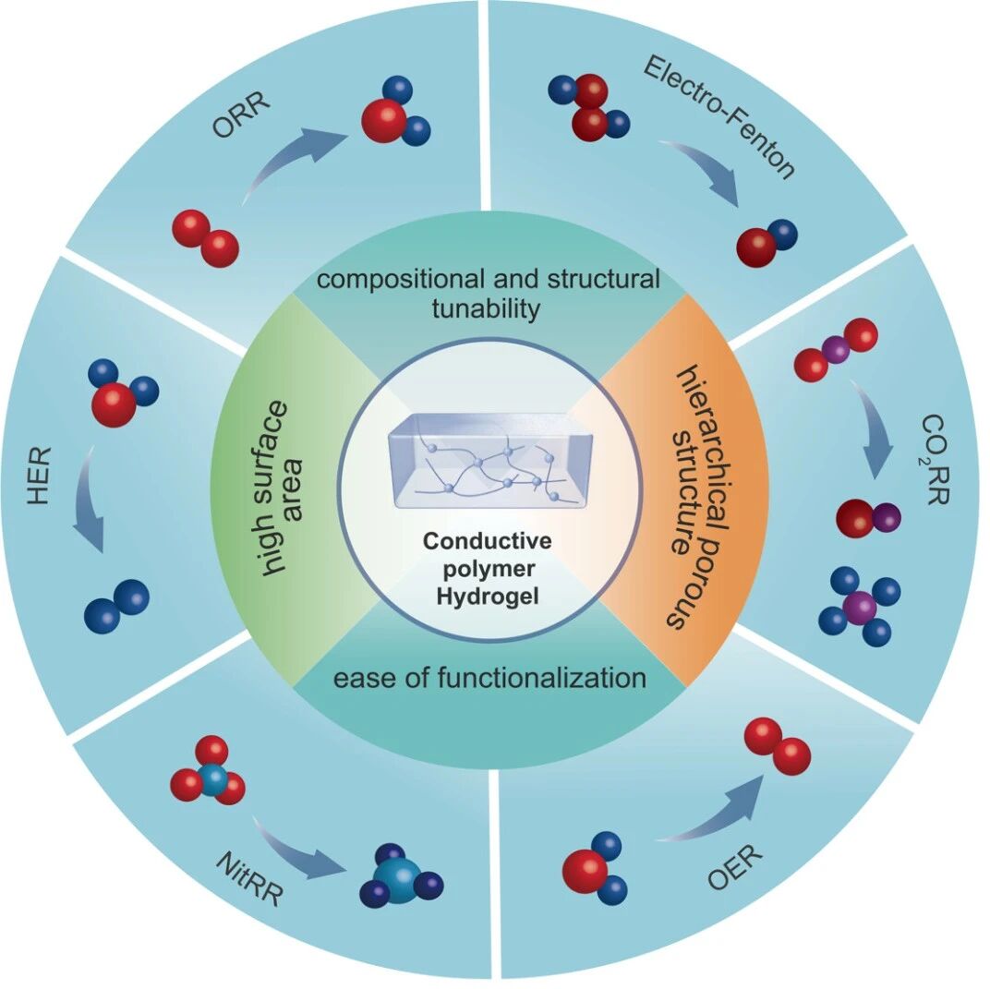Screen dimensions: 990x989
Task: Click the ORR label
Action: click(x=241, y=115)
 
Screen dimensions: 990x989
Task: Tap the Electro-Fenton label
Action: click(x=718, y=117)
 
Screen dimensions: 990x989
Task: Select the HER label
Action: click(x=39, y=476)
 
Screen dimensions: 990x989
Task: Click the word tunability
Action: click(x=486, y=309)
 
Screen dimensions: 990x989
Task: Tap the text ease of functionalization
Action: click(x=489, y=678)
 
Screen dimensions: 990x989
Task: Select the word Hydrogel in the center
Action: click(x=488, y=596)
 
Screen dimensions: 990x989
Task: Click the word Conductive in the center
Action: click(x=488, y=541)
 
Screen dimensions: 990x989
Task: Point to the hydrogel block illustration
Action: click(x=490, y=461)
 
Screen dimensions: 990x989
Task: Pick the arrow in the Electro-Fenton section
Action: click(x=704, y=170)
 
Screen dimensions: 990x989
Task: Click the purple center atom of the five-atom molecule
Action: click(x=860, y=607)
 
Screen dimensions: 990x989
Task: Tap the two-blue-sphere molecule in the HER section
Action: click(x=116, y=607)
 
